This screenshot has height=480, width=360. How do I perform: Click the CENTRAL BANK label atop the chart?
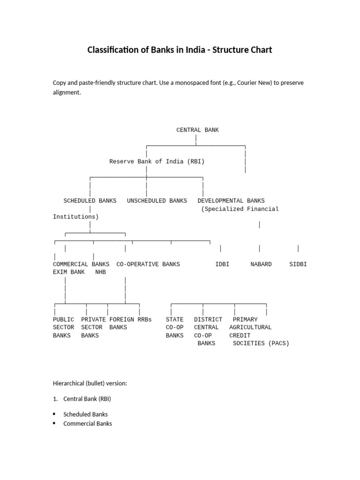tap(197, 130)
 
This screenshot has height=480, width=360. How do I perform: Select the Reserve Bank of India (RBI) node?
tap(157, 161)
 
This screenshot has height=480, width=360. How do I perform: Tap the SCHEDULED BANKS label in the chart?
tap(90, 201)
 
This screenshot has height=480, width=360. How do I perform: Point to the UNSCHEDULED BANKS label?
tap(157, 201)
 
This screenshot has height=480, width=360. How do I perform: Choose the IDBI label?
tap(222, 264)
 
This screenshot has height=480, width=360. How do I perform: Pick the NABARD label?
tap(261, 264)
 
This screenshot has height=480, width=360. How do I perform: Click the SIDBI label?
tap(298, 264)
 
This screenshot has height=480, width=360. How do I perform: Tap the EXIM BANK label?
tap(69, 272)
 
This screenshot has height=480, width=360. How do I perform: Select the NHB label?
tap(101, 272)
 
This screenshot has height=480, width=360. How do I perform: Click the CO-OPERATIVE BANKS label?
tap(148, 264)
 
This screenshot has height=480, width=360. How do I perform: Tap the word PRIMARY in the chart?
tap(245, 320)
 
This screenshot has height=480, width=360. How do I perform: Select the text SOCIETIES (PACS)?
tap(261, 343)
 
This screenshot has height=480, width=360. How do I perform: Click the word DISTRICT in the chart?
tap(208, 320)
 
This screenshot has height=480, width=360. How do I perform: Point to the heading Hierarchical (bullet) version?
tap(90, 383)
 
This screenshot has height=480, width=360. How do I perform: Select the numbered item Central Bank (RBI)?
tap(87, 399)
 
